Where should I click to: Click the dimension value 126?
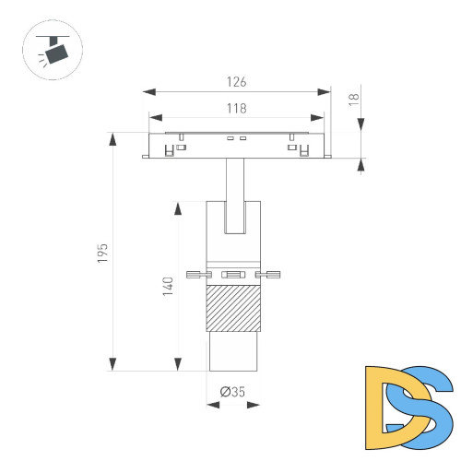coord(239,81)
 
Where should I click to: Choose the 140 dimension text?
coord(167,288)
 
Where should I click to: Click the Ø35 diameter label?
coord(232,392)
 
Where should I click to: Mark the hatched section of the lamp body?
coord(236,309)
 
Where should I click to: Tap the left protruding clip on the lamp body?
coord(195,274)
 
